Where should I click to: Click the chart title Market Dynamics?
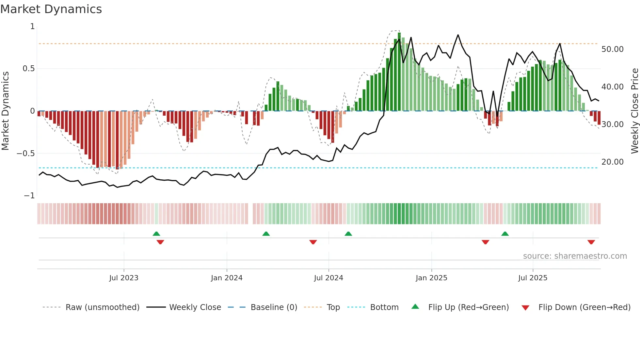(x=51, y=9)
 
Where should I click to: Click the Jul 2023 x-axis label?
(x=124, y=278)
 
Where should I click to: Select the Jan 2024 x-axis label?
(x=227, y=278)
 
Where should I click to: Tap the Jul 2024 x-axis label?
(x=328, y=278)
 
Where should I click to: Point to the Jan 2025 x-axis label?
(x=431, y=278)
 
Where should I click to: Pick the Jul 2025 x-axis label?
(x=533, y=278)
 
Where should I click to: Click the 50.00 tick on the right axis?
(x=612, y=49)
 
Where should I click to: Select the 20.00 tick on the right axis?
(x=612, y=162)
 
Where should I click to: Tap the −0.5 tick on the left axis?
(x=26, y=154)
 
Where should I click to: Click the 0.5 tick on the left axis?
(x=28, y=69)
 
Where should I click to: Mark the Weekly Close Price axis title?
(x=634, y=111)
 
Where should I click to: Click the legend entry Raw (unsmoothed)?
(x=102, y=307)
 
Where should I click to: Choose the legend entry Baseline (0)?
(x=274, y=307)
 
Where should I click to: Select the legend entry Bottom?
(x=384, y=307)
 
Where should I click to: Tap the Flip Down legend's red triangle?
(x=525, y=308)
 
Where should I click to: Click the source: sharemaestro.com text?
(x=575, y=256)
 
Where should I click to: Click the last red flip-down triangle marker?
(x=591, y=242)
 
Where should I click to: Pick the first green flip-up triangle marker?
(x=156, y=234)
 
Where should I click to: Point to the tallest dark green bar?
(x=399, y=72)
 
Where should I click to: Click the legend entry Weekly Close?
(x=195, y=307)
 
